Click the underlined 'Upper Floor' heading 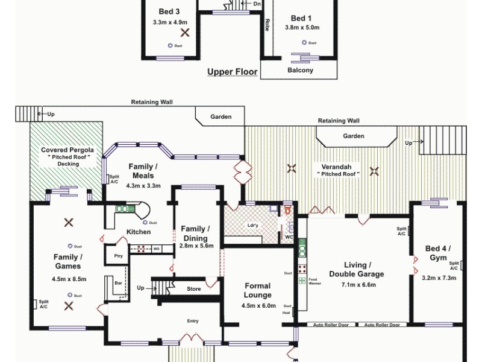(x=233, y=72)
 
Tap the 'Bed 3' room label (x=169, y=11)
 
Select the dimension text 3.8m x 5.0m (x=305, y=27)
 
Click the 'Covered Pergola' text (x=66, y=150)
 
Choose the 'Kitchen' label (x=139, y=232)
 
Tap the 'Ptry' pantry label (x=118, y=256)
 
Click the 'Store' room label (x=193, y=289)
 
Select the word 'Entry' (x=192, y=321)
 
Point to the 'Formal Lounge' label (x=257, y=290)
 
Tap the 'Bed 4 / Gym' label (x=438, y=253)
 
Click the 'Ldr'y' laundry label (x=254, y=226)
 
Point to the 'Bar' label (x=119, y=282)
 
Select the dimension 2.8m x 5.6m (x=196, y=246)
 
